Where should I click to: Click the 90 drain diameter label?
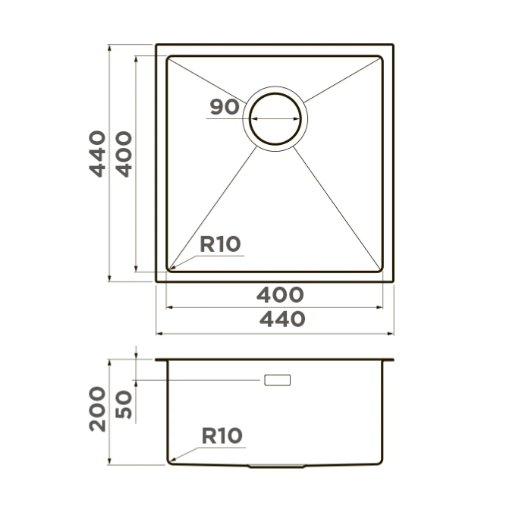point(225,107)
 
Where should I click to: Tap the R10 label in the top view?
point(220,244)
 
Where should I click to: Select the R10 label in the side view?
point(222,435)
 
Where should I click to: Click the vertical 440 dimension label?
point(97,154)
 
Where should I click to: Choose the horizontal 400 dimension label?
point(280,294)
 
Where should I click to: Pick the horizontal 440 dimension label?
point(282,319)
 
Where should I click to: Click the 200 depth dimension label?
point(97,409)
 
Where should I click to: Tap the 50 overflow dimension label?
point(124,404)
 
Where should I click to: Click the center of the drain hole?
point(275,118)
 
